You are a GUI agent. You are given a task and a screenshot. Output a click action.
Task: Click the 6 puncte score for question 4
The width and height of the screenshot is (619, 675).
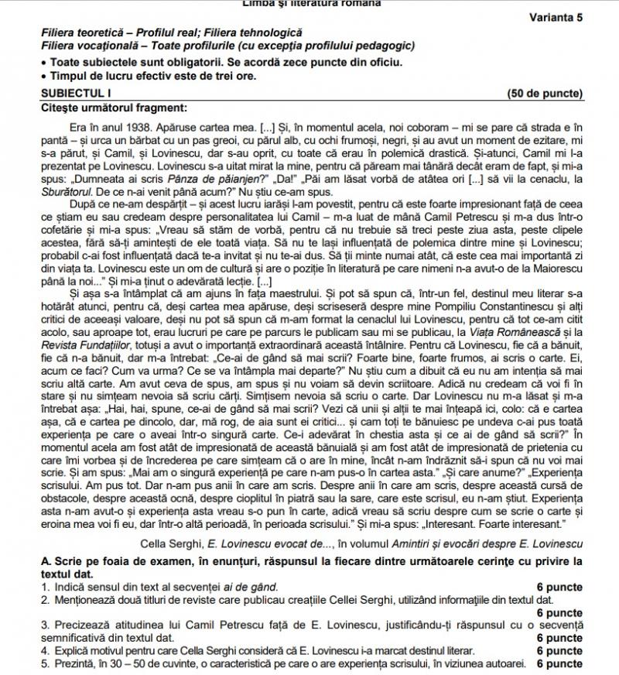[x=559, y=651]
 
